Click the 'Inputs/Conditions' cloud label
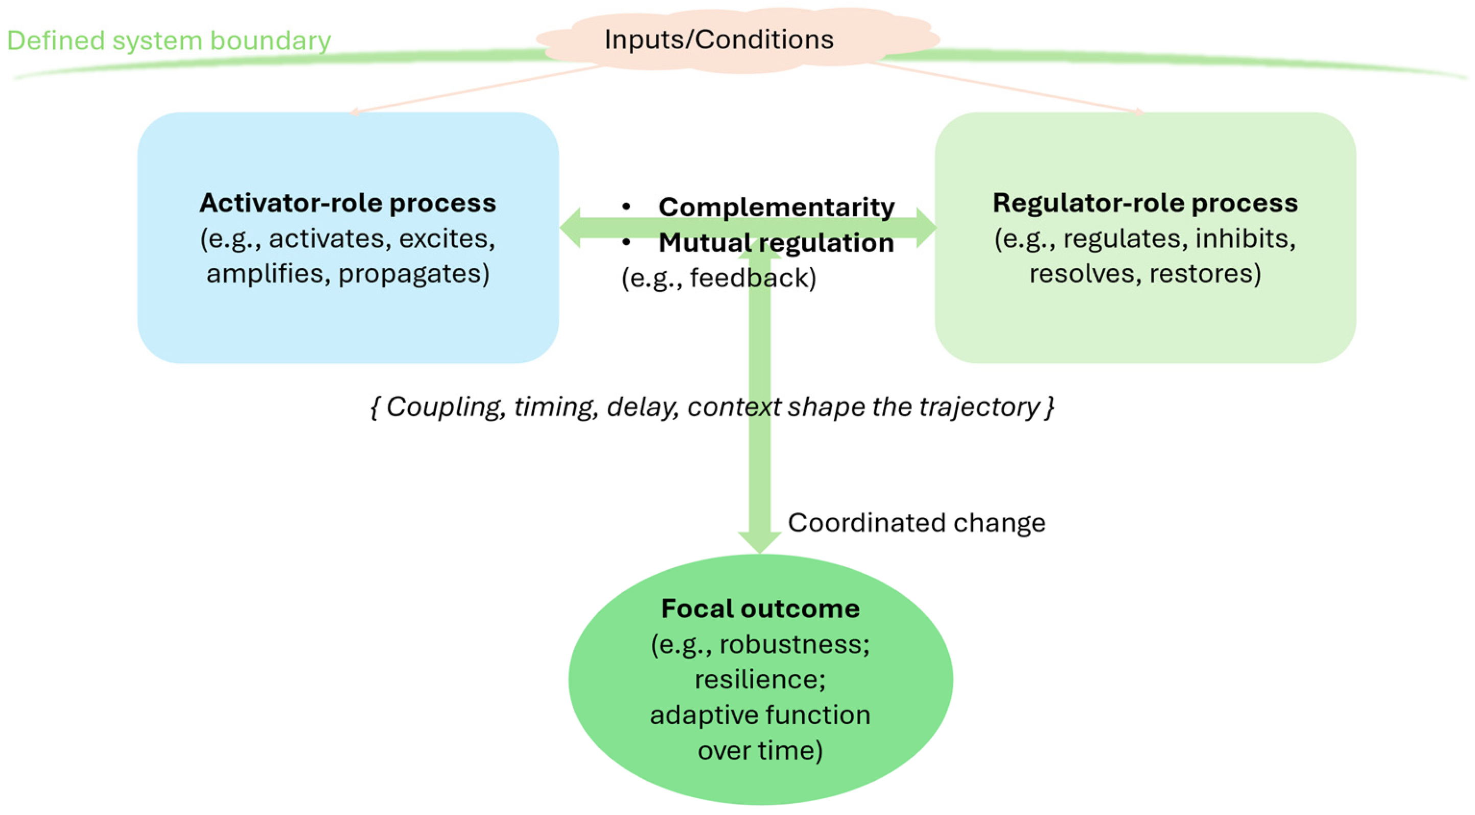719,39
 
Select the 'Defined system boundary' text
169,41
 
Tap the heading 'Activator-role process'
347,203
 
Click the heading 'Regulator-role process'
1145,203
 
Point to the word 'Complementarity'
777,207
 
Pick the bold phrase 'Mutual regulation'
776,242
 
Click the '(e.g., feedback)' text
719,278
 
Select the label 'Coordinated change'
917,522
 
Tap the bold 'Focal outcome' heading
760,609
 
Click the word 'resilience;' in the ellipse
760,680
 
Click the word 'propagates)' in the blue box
414,274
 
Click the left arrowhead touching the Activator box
570,228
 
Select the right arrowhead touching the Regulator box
926,228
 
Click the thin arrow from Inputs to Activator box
475,89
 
